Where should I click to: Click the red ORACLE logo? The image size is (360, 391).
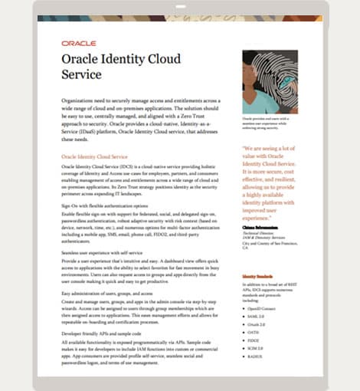(x=79, y=44)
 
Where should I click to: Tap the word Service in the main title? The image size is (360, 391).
(x=81, y=75)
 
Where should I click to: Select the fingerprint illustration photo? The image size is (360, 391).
(x=270, y=82)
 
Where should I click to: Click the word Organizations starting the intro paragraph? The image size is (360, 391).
(x=81, y=100)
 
